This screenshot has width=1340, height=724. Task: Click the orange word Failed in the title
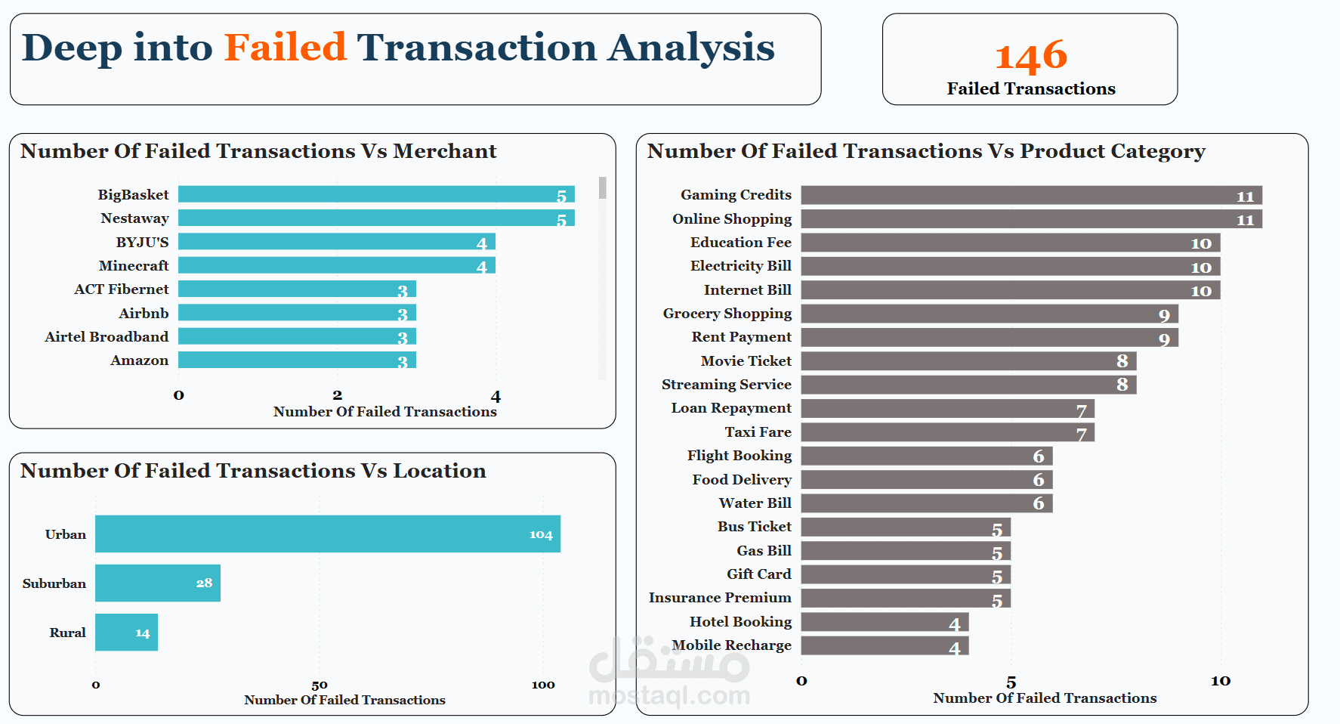(x=285, y=48)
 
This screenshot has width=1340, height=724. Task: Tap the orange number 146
(x=1031, y=57)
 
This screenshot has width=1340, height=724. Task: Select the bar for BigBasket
(x=376, y=194)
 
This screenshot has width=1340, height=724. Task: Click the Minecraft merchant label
(x=134, y=266)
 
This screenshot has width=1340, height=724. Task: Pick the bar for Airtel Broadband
(x=297, y=336)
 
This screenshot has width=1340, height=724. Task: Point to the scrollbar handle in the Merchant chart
(x=602, y=187)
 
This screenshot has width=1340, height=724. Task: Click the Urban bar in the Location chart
(x=328, y=534)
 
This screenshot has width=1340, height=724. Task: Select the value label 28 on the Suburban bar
(x=204, y=583)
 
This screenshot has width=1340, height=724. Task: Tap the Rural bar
(x=126, y=633)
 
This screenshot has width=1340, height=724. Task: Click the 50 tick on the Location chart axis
(x=320, y=685)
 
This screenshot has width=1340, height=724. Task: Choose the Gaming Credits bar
(x=1031, y=195)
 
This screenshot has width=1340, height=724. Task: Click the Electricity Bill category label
(x=740, y=266)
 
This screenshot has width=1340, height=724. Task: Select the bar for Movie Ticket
(x=968, y=361)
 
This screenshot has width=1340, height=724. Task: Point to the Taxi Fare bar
(x=947, y=432)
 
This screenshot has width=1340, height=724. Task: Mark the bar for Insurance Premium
(x=906, y=598)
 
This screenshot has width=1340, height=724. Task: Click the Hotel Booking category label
(x=740, y=622)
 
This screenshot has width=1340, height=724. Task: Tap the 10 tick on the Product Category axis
(x=1221, y=681)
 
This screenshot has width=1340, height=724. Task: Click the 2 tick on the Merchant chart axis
(x=337, y=395)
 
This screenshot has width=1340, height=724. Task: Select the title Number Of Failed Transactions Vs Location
(x=253, y=471)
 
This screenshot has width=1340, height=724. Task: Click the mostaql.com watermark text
(x=668, y=695)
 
